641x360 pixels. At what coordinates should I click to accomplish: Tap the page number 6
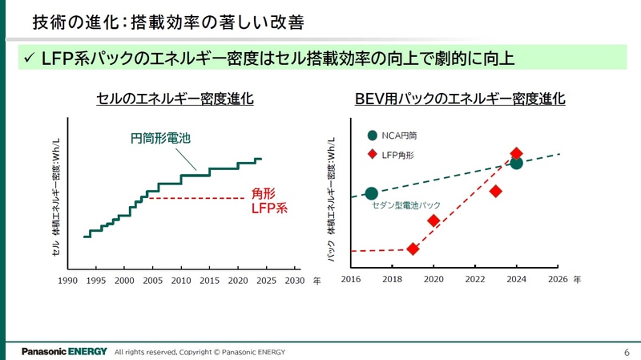(x=626, y=352)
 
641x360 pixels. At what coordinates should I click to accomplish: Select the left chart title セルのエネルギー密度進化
(x=175, y=99)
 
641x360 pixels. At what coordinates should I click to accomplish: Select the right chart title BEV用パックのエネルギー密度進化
(x=460, y=99)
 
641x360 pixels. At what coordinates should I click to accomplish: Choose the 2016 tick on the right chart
(x=351, y=280)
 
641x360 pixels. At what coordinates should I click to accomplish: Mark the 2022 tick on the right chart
(x=475, y=280)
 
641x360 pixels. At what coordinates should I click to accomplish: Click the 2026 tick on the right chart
(x=558, y=280)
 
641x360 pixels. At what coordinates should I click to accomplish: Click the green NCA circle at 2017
(x=371, y=193)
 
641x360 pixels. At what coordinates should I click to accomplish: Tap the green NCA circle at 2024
(x=516, y=163)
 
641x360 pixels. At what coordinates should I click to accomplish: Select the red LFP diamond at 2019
(x=413, y=249)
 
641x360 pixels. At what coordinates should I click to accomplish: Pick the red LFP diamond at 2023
(x=495, y=191)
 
